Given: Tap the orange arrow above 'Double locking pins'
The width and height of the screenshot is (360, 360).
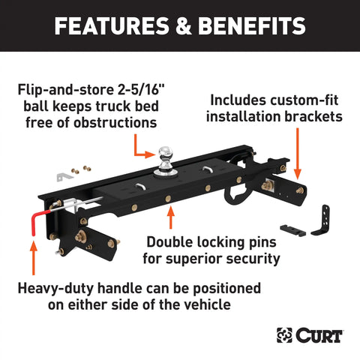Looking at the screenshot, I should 170,218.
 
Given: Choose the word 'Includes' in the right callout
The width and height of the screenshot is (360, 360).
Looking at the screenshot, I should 236,100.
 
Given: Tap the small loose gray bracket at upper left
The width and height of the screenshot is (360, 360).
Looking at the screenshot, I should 66,175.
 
